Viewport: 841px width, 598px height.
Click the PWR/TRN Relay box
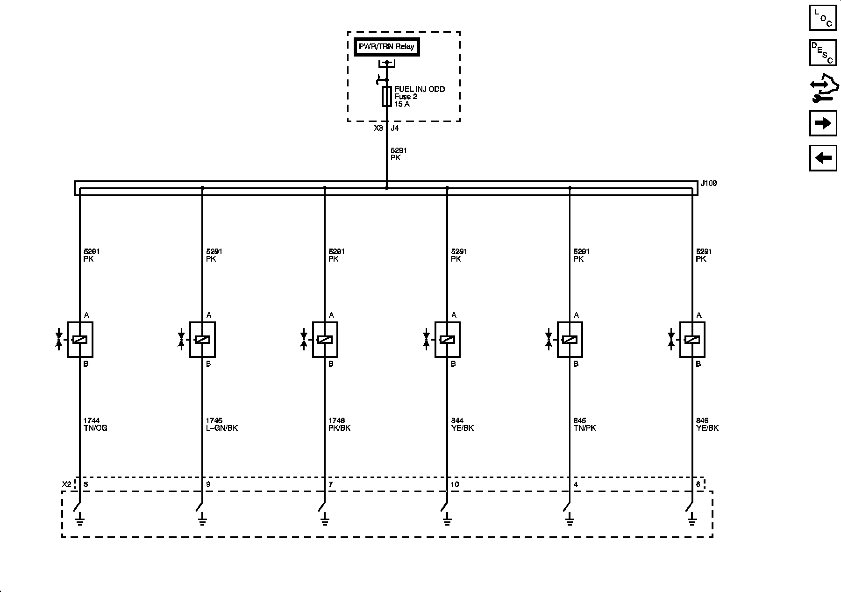click(x=386, y=47)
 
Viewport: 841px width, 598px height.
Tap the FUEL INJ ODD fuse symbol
click(x=386, y=96)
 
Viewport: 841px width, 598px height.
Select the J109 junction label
click(x=709, y=183)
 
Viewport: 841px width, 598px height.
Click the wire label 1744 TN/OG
click(x=95, y=424)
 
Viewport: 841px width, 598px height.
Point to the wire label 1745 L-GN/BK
click(x=221, y=424)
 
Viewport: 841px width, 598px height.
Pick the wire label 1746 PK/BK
click(x=339, y=424)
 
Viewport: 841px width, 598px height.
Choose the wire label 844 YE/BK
click(x=462, y=424)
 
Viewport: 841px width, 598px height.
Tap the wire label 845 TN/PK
click(x=584, y=424)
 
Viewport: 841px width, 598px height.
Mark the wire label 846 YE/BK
click(x=707, y=424)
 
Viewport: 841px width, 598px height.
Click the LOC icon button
click(x=823, y=18)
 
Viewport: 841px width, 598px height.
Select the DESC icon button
click(x=823, y=53)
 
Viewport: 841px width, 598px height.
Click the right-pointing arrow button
click(x=823, y=123)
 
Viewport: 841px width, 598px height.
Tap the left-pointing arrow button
click(x=823, y=158)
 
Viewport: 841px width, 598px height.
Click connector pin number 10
click(x=455, y=484)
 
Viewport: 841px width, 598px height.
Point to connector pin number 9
click(x=208, y=484)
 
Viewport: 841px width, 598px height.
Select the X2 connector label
click(x=67, y=484)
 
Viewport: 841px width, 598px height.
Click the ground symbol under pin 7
click(x=325, y=519)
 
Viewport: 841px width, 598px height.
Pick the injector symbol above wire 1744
click(x=80, y=340)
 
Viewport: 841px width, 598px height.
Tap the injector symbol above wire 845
click(x=570, y=340)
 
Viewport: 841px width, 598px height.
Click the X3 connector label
click(x=378, y=128)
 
